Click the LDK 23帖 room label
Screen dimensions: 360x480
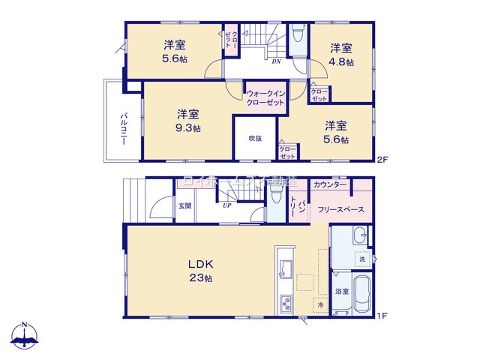click(200, 271)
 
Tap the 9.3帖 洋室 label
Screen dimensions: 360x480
click(188, 121)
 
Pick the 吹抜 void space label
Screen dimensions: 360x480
click(255, 138)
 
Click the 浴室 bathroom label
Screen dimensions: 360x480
click(341, 290)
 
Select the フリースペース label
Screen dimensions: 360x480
click(340, 211)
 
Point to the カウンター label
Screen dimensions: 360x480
click(330, 184)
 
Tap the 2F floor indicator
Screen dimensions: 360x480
click(382, 159)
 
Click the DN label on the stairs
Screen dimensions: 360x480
click(276, 61)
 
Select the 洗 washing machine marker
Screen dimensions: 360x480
click(361, 259)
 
